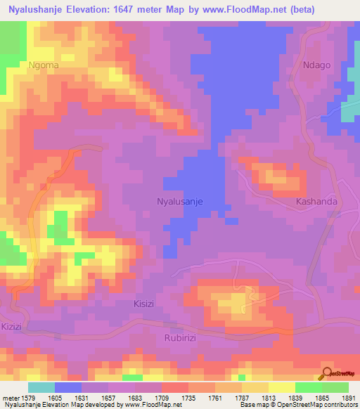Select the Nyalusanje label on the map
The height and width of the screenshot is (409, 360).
[179, 201]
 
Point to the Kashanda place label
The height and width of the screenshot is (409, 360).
[316, 201]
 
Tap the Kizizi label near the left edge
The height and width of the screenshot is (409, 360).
[12, 327]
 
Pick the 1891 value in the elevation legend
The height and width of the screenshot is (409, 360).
[348, 398]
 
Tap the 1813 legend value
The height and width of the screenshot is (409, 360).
[268, 398]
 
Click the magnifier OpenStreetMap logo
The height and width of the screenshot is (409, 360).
[328, 373]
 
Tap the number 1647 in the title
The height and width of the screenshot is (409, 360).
[146, 9]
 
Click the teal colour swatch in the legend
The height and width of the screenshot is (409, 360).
[41, 387]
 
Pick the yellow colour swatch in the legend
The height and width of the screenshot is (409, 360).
[282, 387]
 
